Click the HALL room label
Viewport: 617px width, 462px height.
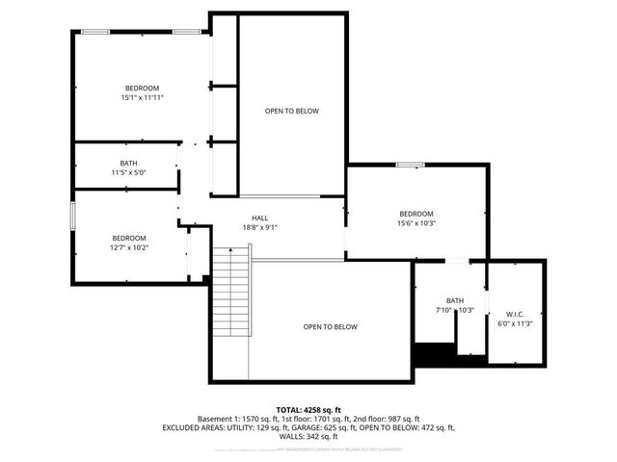[x=260, y=218]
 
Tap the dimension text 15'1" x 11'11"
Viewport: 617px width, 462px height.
[x=143, y=97]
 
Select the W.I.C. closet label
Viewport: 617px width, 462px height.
[x=514, y=314]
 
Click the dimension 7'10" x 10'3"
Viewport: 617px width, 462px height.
[x=455, y=310]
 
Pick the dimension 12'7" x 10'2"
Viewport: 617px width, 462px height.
[x=129, y=247]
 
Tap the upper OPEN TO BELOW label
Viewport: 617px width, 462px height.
[x=291, y=111]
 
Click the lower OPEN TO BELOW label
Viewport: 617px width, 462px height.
[x=330, y=326]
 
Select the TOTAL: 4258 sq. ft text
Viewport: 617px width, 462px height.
[x=308, y=410]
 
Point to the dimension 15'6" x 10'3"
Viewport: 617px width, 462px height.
[x=416, y=223]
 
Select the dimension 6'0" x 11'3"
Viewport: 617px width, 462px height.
[x=514, y=323]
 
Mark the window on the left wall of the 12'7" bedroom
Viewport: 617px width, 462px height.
[x=71, y=216]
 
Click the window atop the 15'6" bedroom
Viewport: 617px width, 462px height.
[x=410, y=164]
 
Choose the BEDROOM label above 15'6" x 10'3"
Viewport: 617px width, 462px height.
[x=416, y=214]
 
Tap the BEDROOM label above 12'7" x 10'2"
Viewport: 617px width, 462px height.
[x=129, y=238]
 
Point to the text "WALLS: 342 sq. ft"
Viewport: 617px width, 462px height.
[x=308, y=436]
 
